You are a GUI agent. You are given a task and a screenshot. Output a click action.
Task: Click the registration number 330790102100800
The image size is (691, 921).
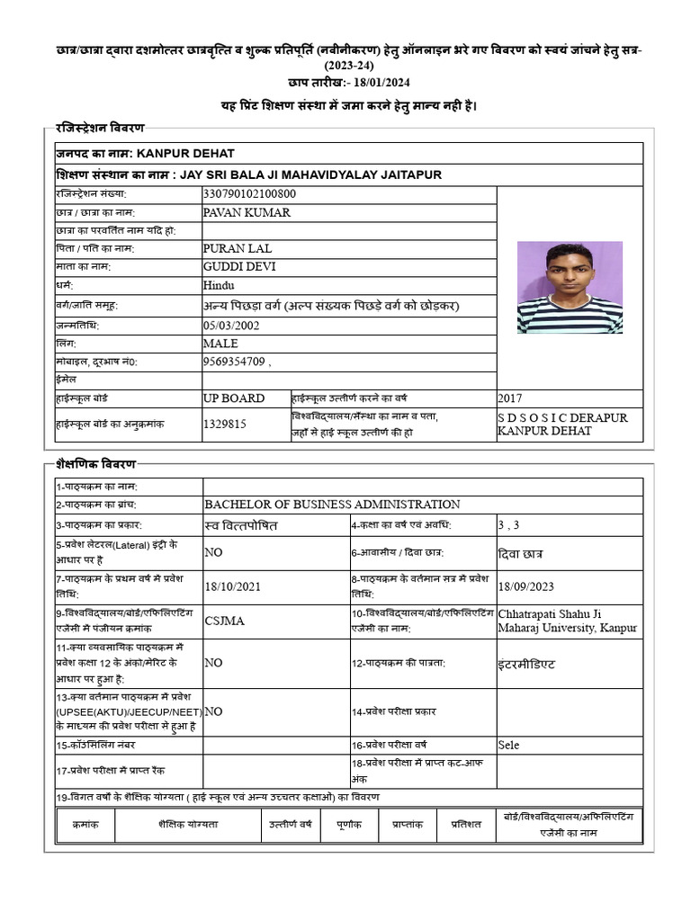click(x=250, y=193)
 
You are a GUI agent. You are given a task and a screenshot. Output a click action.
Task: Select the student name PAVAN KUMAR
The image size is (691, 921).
click(x=247, y=212)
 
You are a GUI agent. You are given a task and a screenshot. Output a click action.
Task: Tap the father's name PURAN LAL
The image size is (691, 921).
click(x=238, y=248)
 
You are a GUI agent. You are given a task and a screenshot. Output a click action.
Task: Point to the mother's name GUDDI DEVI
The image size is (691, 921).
click(x=240, y=266)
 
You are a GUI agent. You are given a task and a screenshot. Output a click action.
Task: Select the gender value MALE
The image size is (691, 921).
click(x=221, y=344)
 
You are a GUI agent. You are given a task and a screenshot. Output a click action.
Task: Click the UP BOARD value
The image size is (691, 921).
click(x=234, y=398)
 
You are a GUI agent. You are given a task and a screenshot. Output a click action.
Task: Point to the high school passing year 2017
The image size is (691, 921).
click(x=509, y=398)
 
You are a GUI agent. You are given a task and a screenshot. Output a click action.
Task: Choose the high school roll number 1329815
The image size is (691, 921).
click(x=225, y=424)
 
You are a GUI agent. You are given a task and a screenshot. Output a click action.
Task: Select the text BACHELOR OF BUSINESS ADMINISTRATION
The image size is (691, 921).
click(x=332, y=505)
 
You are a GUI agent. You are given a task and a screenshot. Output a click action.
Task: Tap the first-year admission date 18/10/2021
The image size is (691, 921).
click(x=232, y=586)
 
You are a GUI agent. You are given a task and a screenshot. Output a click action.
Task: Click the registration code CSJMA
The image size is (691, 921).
click(x=225, y=620)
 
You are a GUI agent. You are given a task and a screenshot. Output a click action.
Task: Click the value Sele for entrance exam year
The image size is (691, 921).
click(x=508, y=745)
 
